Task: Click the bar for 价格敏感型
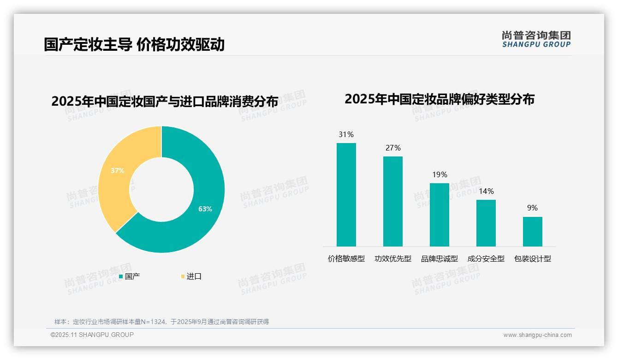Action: point(346,194)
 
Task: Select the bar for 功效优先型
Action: point(392,201)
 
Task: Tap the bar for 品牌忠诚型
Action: point(439,215)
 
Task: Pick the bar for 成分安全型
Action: point(486,223)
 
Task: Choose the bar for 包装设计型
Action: point(532,231)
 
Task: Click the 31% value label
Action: point(346,135)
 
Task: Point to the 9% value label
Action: point(532,208)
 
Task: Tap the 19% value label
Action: point(440,175)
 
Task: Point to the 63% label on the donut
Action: point(205,209)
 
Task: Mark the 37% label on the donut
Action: point(118,171)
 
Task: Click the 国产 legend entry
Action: point(130,276)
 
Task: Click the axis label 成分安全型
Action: point(486,259)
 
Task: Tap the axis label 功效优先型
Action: point(392,259)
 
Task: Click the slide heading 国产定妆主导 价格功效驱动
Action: point(134,44)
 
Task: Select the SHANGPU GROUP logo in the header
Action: point(536,39)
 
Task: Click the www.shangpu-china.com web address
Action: point(537,335)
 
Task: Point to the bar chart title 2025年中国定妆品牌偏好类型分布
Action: point(439,99)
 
